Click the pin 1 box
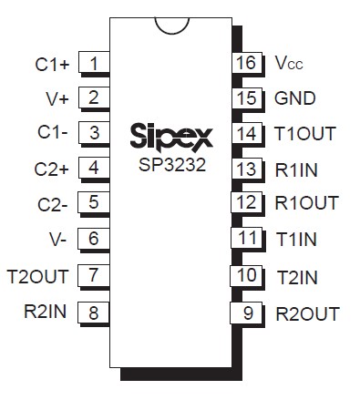(x=94, y=64)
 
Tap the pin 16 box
(x=244, y=64)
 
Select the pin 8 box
(x=94, y=312)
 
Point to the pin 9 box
(x=244, y=314)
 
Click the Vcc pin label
(x=289, y=64)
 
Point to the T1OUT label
(x=304, y=133)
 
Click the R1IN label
(x=297, y=168)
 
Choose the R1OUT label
(x=306, y=202)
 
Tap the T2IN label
(x=296, y=275)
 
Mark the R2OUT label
(x=306, y=314)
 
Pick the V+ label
(x=57, y=98)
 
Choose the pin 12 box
(x=244, y=202)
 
